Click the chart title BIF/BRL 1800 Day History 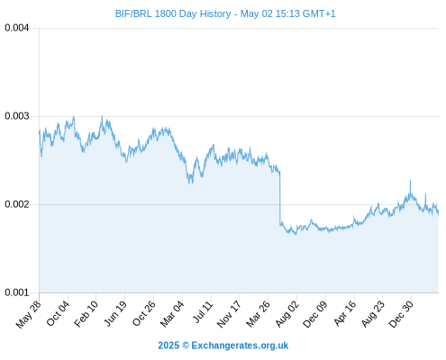point(173,13)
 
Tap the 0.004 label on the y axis point(17,28)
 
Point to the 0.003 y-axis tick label point(17,116)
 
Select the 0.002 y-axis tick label point(17,204)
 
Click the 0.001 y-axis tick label point(17,292)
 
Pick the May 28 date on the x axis point(28,314)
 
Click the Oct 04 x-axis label point(58,313)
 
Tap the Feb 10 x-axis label point(86,313)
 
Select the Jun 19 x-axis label point(115,313)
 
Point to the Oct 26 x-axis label point(144,313)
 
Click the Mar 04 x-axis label point(172,314)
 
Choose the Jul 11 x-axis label point(203,312)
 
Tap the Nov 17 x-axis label point(229,314)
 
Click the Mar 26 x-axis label point(258,314)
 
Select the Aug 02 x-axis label point(287,314)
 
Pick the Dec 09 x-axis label point(314,314)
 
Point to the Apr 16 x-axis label point(344,313)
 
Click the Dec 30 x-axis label point(401,314)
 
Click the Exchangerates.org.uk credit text point(240,346)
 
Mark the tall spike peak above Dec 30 point(410,180)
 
